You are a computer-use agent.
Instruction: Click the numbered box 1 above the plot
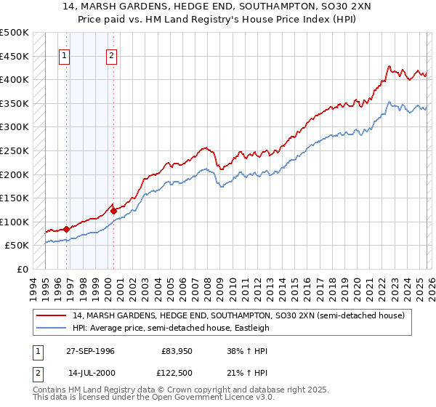65,56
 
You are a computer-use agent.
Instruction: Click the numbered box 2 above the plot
111,56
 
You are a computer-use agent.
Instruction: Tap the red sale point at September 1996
67,229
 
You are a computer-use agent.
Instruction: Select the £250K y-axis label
14,150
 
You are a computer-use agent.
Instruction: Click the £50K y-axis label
17,246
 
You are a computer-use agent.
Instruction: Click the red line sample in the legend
52,315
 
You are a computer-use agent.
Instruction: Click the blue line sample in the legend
52,328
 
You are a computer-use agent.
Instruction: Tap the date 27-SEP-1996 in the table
91,351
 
